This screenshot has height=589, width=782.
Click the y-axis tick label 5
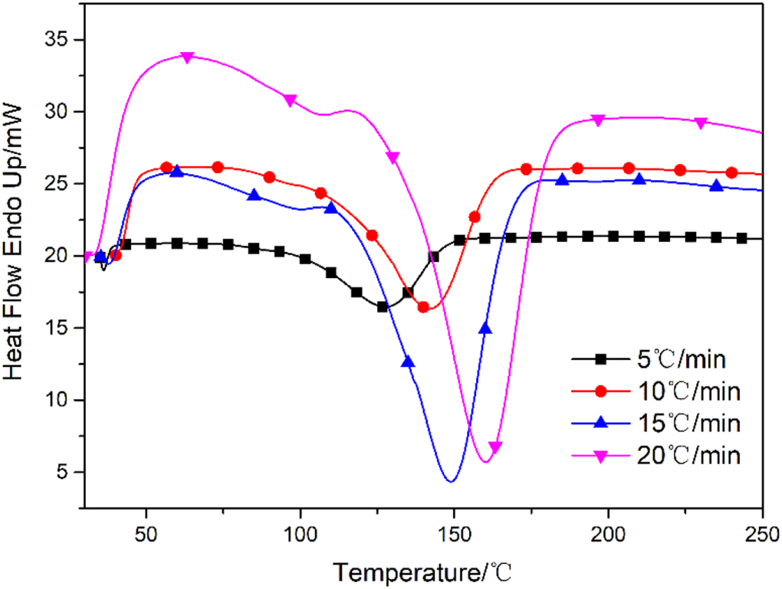[64, 472]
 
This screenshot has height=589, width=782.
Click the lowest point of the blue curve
[451, 481]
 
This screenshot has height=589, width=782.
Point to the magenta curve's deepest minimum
[485, 462]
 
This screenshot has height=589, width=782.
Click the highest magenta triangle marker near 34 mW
[187, 57]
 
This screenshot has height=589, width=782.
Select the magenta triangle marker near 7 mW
[495, 447]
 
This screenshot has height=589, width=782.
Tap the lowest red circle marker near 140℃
[423, 307]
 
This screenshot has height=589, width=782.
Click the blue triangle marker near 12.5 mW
[408, 362]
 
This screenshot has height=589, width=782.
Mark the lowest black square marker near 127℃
[382, 306]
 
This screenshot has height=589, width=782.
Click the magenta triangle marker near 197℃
[598, 119]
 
